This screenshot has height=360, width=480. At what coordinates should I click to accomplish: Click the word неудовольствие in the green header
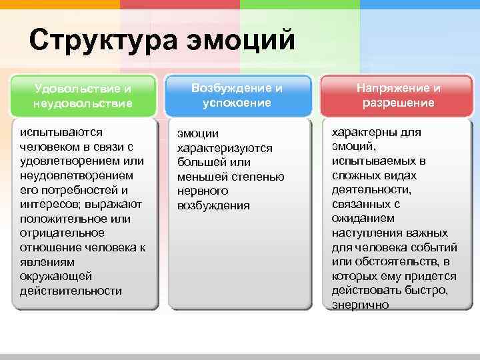click(x=83, y=103)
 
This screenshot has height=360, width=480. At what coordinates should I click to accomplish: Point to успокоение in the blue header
click(x=237, y=103)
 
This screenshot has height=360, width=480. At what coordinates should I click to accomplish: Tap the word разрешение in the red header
click(x=398, y=103)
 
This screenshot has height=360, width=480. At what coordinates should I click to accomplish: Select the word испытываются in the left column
click(x=61, y=132)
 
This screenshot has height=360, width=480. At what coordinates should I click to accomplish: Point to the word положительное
click(x=65, y=218)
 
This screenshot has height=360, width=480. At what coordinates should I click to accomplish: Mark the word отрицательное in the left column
click(x=62, y=233)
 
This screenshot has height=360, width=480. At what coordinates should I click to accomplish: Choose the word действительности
click(x=71, y=290)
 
